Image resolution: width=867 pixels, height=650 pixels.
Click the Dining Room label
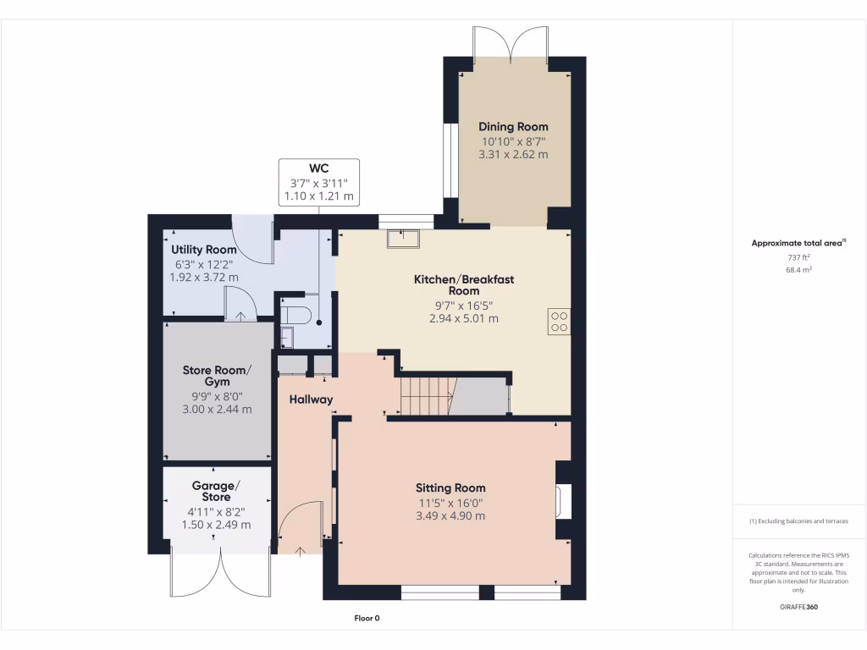click(x=513, y=127)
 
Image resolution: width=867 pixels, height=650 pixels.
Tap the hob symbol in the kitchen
click(x=560, y=322)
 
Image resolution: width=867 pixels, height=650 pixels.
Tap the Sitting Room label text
click(x=450, y=487)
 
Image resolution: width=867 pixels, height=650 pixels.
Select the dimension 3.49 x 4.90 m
click(x=450, y=515)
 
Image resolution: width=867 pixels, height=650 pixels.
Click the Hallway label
click(x=311, y=399)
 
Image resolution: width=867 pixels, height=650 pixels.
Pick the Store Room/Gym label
click(x=218, y=376)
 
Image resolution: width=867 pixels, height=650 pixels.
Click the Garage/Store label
click(x=216, y=491)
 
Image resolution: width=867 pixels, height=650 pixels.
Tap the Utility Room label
click(x=204, y=250)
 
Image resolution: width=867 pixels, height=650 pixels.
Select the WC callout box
click(x=318, y=182)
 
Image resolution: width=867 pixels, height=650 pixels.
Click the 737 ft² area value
click(x=798, y=257)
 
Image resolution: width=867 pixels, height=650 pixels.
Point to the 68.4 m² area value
click(x=798, y=270)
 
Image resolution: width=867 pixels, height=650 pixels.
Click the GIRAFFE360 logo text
click(x=798, y=607)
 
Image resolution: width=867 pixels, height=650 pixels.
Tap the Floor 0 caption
click(x=367, y=619)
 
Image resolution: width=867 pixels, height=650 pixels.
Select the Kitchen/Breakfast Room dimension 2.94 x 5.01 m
click(x=463, y=319)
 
